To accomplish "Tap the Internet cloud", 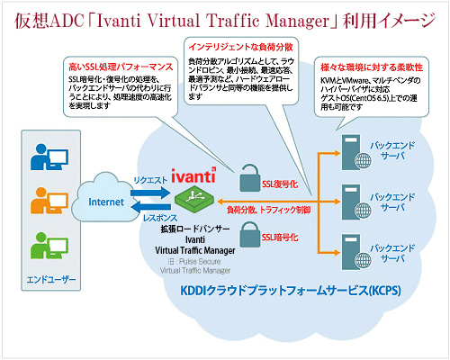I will coord(105,203).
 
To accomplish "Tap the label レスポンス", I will coord(148,219).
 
